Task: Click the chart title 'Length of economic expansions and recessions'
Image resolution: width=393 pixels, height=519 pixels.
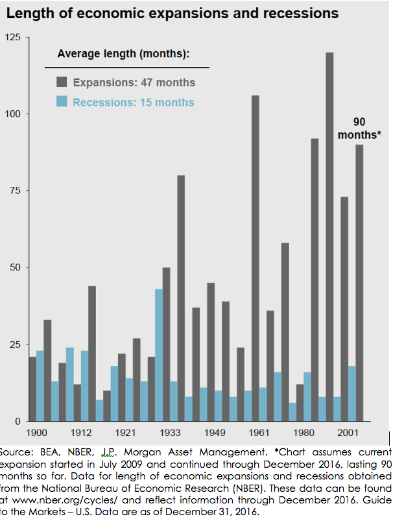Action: point(173,13)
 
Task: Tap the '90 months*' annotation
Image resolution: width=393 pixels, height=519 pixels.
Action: point(359,128)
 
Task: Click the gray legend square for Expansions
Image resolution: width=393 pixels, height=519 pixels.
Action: point(62,82)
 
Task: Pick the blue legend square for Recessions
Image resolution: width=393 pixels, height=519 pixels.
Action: point(62,102)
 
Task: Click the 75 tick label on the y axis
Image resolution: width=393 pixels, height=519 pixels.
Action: point(15,191)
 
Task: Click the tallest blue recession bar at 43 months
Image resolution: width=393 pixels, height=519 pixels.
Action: point(159,355)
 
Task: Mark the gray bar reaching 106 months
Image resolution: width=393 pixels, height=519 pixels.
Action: point(256,258)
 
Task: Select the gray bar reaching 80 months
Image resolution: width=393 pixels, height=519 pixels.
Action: point(181,298)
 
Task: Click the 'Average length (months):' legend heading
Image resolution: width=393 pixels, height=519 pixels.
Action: point(123,53)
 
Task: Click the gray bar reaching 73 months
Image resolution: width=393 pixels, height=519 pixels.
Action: point(344,309)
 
